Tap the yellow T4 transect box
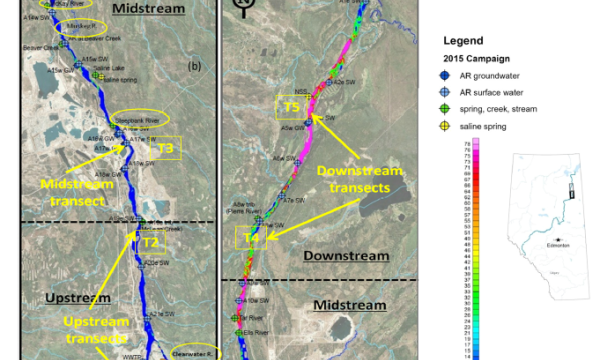[250, 238]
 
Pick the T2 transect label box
[150, 242]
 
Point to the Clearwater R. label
[187, 352]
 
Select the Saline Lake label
[109, 67]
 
